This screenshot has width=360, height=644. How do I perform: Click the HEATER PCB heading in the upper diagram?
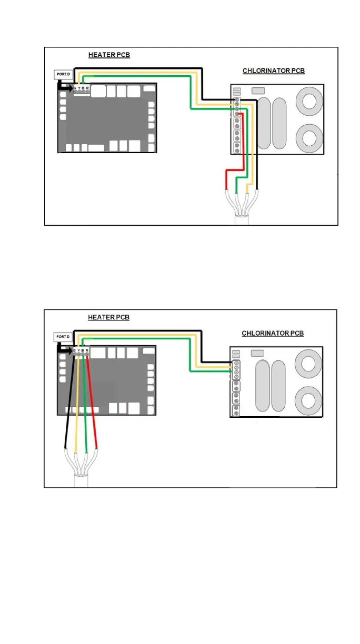109,55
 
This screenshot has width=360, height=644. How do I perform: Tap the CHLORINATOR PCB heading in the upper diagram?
274,71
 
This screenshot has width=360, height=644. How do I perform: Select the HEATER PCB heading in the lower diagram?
109,317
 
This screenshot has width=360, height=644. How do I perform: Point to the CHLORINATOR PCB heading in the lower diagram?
273,333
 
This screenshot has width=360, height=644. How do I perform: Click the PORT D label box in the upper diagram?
63,75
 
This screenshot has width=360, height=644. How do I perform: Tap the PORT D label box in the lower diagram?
63,337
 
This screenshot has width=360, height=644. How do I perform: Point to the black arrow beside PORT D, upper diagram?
65,86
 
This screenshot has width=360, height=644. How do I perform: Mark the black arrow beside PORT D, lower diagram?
64,349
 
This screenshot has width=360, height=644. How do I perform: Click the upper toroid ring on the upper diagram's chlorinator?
309,101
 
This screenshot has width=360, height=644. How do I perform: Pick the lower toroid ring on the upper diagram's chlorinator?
309,138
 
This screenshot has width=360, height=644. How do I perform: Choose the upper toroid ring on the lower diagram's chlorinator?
308,364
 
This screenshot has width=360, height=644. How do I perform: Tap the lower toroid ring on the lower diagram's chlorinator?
308,401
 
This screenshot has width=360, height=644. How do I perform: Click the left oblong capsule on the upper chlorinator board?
264,123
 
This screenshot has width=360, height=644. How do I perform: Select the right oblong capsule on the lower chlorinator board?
278,386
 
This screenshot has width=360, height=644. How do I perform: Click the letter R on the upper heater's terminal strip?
87,88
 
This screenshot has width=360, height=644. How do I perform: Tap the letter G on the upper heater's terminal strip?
75,88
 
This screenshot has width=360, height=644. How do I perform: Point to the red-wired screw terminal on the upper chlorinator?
237,114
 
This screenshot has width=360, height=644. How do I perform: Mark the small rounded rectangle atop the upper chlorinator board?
258,91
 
